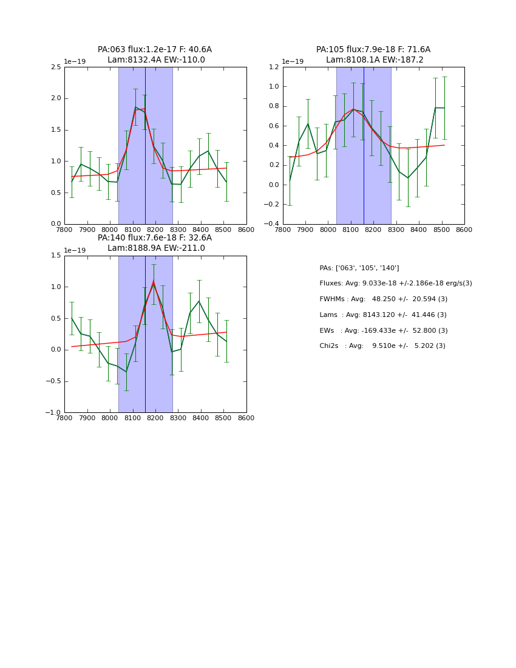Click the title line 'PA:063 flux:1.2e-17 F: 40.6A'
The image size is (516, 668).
coord(155,50)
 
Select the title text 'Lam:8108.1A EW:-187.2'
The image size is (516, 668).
coord(375,60)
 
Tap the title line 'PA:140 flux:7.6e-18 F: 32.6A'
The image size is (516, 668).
coord(155,238)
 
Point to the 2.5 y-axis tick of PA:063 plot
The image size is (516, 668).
coord(56,67)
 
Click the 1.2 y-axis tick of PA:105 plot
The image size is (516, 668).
coord(274,67)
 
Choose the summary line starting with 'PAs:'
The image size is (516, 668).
coord(359,268)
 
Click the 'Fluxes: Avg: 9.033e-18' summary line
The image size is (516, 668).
coord(396,284)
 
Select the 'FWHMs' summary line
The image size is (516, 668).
coord(384,299)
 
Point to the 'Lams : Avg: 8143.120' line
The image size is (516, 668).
coord(383,315)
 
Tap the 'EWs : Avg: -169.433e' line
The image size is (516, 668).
coord(384,330)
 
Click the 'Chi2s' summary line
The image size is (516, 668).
coord(382,346)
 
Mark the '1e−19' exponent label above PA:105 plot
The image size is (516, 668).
coord(293,61)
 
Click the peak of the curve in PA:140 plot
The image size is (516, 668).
coord(154,281)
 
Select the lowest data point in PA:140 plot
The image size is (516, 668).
coord(126,371)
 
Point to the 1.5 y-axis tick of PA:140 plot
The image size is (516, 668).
coord(56,256)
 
